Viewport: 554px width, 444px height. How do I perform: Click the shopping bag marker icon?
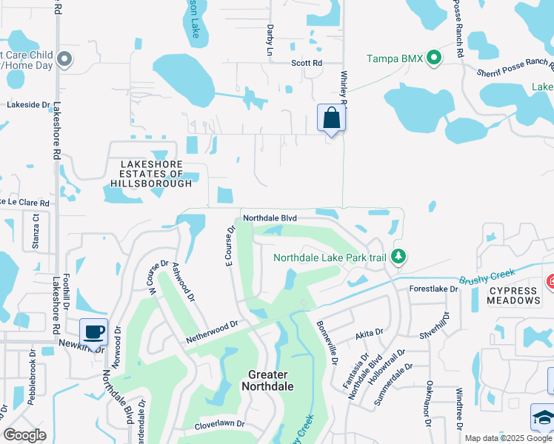(332, 118)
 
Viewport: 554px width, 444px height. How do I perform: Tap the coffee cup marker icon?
(93, 332)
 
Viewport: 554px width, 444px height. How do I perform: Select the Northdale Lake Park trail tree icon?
(399, 258)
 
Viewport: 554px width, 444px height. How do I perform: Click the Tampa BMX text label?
(396, 58)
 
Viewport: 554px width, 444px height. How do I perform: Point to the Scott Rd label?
(307, 64)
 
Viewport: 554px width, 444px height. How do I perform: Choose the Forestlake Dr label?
(434, 289)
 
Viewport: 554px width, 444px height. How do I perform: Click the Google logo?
(25, 435)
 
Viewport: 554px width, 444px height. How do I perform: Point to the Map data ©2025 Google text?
(507, 438)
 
